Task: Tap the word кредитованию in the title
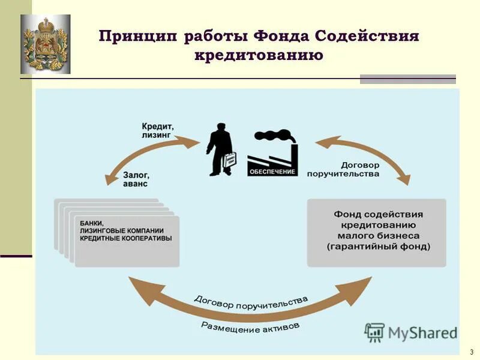[259, 55]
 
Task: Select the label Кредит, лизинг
[157, 131]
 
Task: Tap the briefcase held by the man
[230, 161]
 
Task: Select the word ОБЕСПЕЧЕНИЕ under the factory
[272, 172]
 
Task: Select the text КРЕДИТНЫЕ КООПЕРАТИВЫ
[125, 238]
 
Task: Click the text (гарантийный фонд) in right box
[378, 247]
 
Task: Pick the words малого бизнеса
[378, 236]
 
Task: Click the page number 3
[472, 352]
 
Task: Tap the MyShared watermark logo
[410, 332]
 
